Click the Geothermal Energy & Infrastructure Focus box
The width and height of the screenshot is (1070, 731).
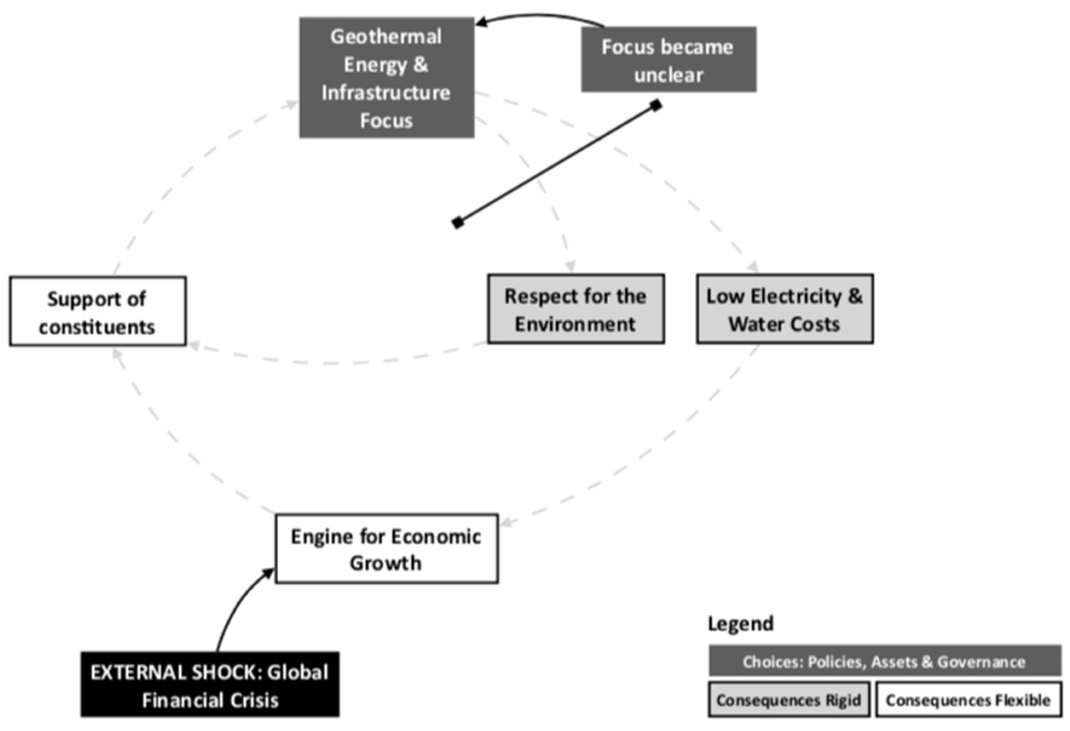point(386,77)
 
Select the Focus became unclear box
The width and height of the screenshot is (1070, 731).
point(668,60)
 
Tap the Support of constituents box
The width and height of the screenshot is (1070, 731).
point(98,311)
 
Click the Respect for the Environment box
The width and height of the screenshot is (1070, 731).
point(575,309)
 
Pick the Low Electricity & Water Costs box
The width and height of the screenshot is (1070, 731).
point(784,309)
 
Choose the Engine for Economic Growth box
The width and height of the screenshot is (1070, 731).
point(386,549)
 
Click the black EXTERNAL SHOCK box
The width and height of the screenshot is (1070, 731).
point(210,684)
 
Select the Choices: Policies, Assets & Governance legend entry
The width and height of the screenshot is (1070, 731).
point(884,662)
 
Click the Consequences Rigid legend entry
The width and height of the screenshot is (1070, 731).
point(789,700)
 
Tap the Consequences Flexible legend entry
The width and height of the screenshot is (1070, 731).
point(968,700)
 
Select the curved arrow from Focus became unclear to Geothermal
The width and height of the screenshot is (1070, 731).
point(539,17)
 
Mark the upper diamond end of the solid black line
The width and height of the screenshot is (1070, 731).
point(656,105)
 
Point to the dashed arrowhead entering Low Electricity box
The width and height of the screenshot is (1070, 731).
point(753,267)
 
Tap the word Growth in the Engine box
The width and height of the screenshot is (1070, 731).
point(385,563)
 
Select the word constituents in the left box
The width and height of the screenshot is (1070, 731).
point(97,328)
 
